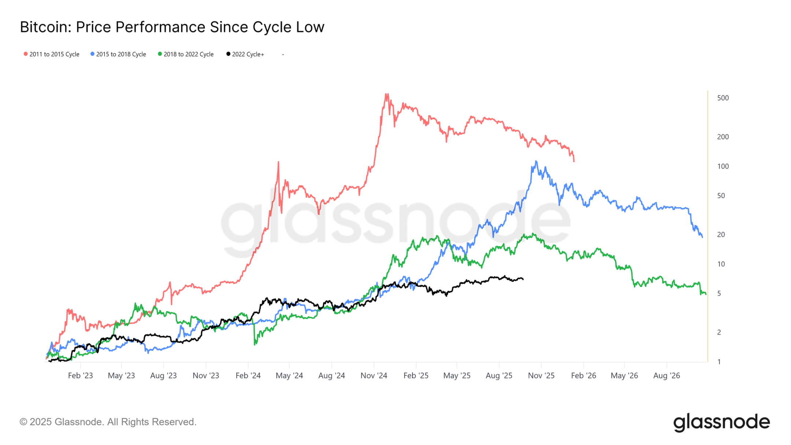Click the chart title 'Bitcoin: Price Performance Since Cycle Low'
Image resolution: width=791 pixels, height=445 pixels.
coord(172,27)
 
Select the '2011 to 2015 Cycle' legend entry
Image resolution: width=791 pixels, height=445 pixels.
coord(52,54)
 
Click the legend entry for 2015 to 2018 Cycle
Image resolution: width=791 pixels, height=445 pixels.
coord(118,54)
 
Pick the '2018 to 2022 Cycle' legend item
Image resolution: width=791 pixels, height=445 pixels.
coord(186,54)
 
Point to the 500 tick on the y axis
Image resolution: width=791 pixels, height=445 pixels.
coord(723,98)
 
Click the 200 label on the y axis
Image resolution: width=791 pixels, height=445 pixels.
coord(723,137)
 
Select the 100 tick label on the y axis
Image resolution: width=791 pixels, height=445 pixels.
coord(723,166)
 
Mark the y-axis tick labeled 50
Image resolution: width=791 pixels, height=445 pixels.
coord(721,196)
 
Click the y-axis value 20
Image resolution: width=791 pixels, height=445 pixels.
coord(721,234)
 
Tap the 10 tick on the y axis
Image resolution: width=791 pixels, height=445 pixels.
coord(721,264)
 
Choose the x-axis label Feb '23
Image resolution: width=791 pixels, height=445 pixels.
coord(80,375)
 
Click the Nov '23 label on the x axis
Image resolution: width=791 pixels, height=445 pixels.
coord(206,375)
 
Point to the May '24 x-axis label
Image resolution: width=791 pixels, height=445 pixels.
coord(289,375)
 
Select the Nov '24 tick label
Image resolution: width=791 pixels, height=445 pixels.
coord(374,375)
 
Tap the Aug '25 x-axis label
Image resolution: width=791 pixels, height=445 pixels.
coord(499,375)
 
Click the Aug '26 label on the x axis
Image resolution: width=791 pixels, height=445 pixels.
coord(666,375)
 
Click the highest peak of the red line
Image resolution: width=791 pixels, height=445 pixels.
coord(386,94)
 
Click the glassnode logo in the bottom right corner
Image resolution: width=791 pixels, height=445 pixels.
coord(721,422)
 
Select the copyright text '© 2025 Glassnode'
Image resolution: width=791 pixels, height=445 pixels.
coord(108,422)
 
